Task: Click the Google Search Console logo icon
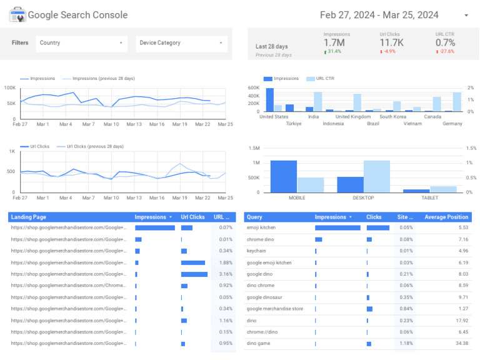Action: (17, 15)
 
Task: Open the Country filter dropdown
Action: (81, 43)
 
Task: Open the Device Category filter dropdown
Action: (181, 43)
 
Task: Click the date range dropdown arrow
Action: (466, 16)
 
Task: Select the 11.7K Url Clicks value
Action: (392, 42)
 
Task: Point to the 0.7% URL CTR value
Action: (446, 42)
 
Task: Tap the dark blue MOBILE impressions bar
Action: (283, 176)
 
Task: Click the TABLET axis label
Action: (429, 197)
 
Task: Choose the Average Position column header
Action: (446, 217)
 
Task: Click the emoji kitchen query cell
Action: (261, 227)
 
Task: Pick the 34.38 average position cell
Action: (459, 343)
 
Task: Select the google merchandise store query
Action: (274, 309)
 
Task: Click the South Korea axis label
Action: (393, 116)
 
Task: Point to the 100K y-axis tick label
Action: (11, 87)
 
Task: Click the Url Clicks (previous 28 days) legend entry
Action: (93, 146)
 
